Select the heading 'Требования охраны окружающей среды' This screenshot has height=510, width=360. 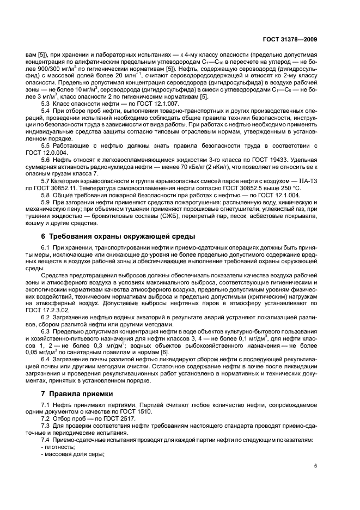(x=115, y=236)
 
